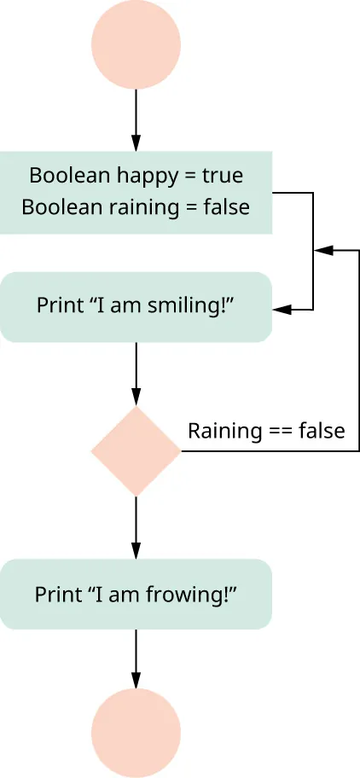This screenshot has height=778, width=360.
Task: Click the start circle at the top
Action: coord(136,45)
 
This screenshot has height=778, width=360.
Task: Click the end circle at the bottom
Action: coord(136,733)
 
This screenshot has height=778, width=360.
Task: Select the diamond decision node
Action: coord(136,450)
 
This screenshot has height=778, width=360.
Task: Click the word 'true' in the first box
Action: coord(222,176)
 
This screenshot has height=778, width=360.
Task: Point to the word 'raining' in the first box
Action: coord(151,206)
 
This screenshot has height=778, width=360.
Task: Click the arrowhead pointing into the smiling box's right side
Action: coord(280,310)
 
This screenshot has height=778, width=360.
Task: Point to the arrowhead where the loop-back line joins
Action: coord(322,251)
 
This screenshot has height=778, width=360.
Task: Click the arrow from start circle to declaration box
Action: coord(136,119)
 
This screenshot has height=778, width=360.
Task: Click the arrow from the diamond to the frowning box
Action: coord(136,526)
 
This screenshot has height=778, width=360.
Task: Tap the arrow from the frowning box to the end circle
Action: coord(136,658)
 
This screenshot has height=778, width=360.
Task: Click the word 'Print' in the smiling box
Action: coord(55,305)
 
